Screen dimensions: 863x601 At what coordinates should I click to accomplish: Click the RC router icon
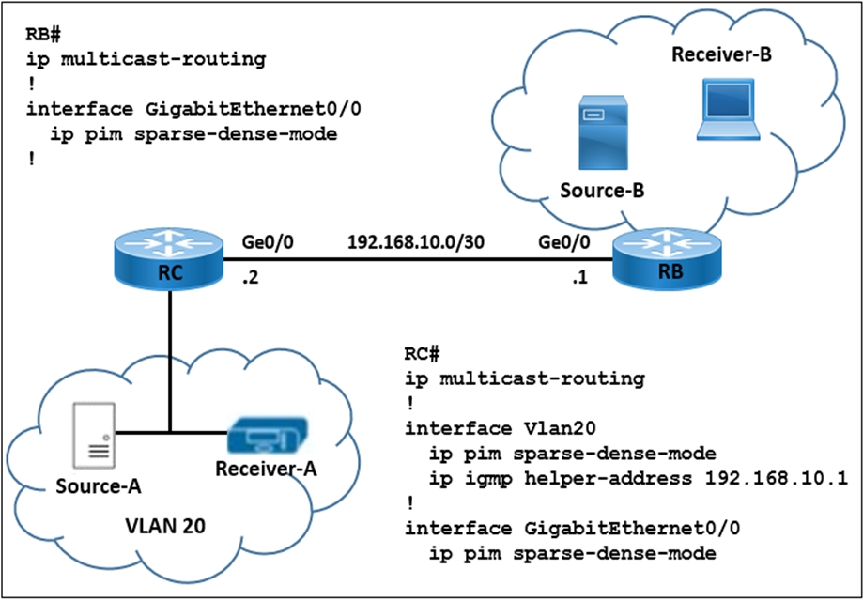pos(170,259)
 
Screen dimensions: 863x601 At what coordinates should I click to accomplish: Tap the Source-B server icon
pos(603,132)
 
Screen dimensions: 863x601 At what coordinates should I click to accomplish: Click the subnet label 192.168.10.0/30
pos(416,242)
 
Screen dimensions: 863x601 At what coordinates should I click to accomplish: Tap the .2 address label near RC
pos(251,279)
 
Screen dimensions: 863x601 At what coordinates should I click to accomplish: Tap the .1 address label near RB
pos(578,279)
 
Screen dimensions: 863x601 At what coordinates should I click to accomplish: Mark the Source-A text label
pos(99,486)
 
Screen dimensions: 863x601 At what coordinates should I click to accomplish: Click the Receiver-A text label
pos(267,469)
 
